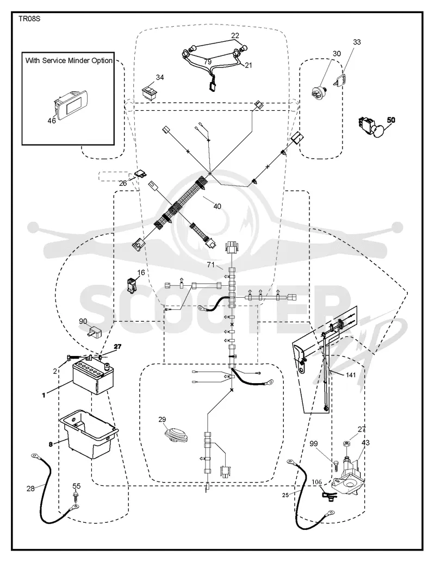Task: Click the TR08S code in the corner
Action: (29, 18)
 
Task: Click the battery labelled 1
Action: (94, 377)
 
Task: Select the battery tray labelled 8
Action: (89, 434)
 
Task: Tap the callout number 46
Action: (52, 121)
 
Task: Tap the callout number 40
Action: (217, 207)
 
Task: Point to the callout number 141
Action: (351, 375)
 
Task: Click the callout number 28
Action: (30, 489)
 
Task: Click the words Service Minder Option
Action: (78, 61)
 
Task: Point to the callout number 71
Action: (210, 265)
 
